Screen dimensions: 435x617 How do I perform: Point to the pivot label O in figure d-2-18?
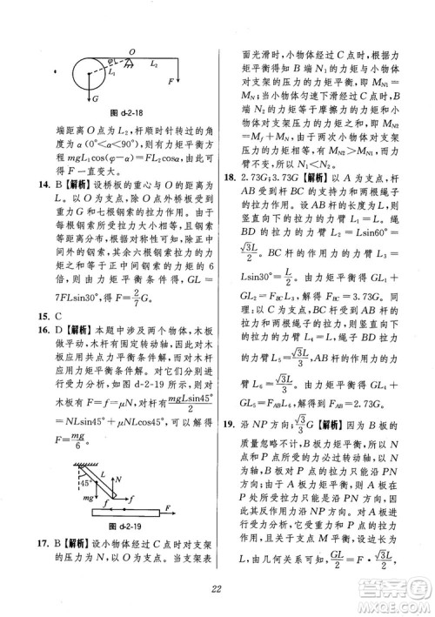(x=131, y=52)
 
